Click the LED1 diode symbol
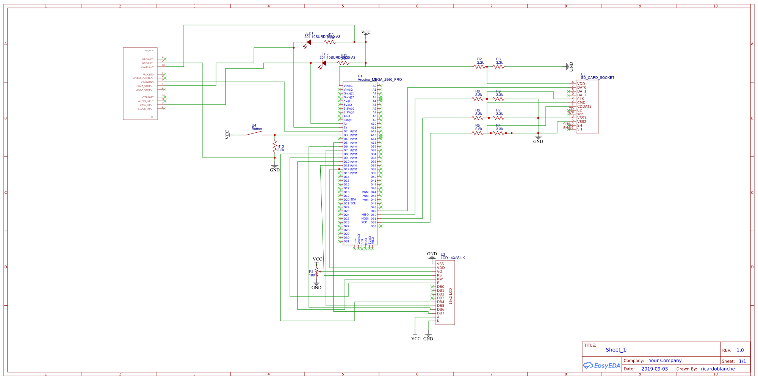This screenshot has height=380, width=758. [308, 42]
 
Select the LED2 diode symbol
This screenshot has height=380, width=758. [323, 63]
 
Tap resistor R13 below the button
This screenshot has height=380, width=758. [275, 147]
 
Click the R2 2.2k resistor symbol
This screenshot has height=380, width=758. [479, 67]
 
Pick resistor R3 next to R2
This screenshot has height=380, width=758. [498, 67]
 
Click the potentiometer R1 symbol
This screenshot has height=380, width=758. [316, 272]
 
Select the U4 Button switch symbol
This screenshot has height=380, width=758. [254, 134]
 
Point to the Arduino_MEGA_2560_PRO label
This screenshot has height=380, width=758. [380, 80]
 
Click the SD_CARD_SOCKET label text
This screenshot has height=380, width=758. [597, 78]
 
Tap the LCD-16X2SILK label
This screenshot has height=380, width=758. [453, 258]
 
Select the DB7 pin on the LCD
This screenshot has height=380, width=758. [440, 313]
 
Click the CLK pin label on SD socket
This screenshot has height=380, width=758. [581, 99]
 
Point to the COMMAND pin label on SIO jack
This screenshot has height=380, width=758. [147, 82]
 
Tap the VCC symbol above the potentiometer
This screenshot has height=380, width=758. [317, 260]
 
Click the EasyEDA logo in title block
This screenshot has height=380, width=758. [602, 366]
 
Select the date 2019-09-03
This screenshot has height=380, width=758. [655, 369]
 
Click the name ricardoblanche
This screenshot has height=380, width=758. [717, 369]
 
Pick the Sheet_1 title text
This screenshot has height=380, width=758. [615, 350]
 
